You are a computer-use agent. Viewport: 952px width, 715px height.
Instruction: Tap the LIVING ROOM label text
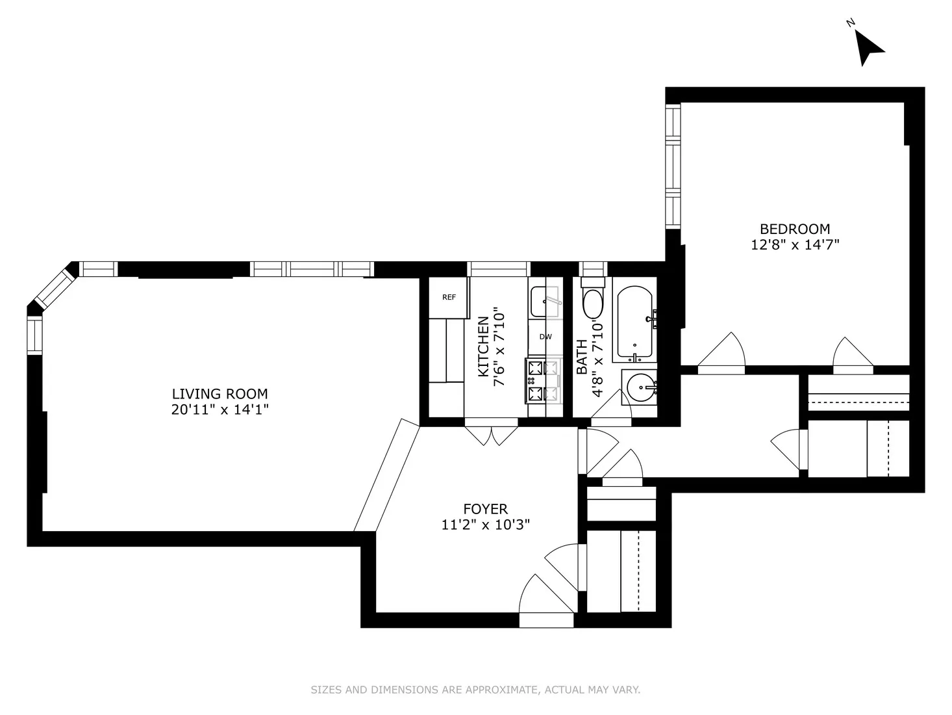(x=219, y=394)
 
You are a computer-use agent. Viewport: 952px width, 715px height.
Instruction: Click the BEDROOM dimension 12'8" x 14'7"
(x=795, y=245)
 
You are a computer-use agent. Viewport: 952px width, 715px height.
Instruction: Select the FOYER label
(x=485, y=509)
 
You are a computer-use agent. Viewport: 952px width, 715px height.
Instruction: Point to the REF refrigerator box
(x=449, y=298)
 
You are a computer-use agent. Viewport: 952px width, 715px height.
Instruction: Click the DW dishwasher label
(x=545, y=337)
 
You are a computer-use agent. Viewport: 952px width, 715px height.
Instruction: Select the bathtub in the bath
(x=634, y=323)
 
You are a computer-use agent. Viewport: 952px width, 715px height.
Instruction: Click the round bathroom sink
(x=641, y=389)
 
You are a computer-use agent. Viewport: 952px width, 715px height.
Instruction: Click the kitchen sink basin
(x=544, y=302)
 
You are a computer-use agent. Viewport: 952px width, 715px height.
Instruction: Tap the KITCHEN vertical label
(x=484, y=346)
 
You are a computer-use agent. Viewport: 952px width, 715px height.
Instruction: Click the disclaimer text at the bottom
(x=475, y=690)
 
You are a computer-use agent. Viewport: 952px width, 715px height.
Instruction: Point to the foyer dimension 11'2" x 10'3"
(x=485, y=525)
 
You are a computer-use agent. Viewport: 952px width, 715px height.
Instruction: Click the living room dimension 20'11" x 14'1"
(x=219, y=410)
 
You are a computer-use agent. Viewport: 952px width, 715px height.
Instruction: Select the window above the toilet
(x=592, y=268)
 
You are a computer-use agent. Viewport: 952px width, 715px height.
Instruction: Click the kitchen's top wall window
(x=499, y=268)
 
